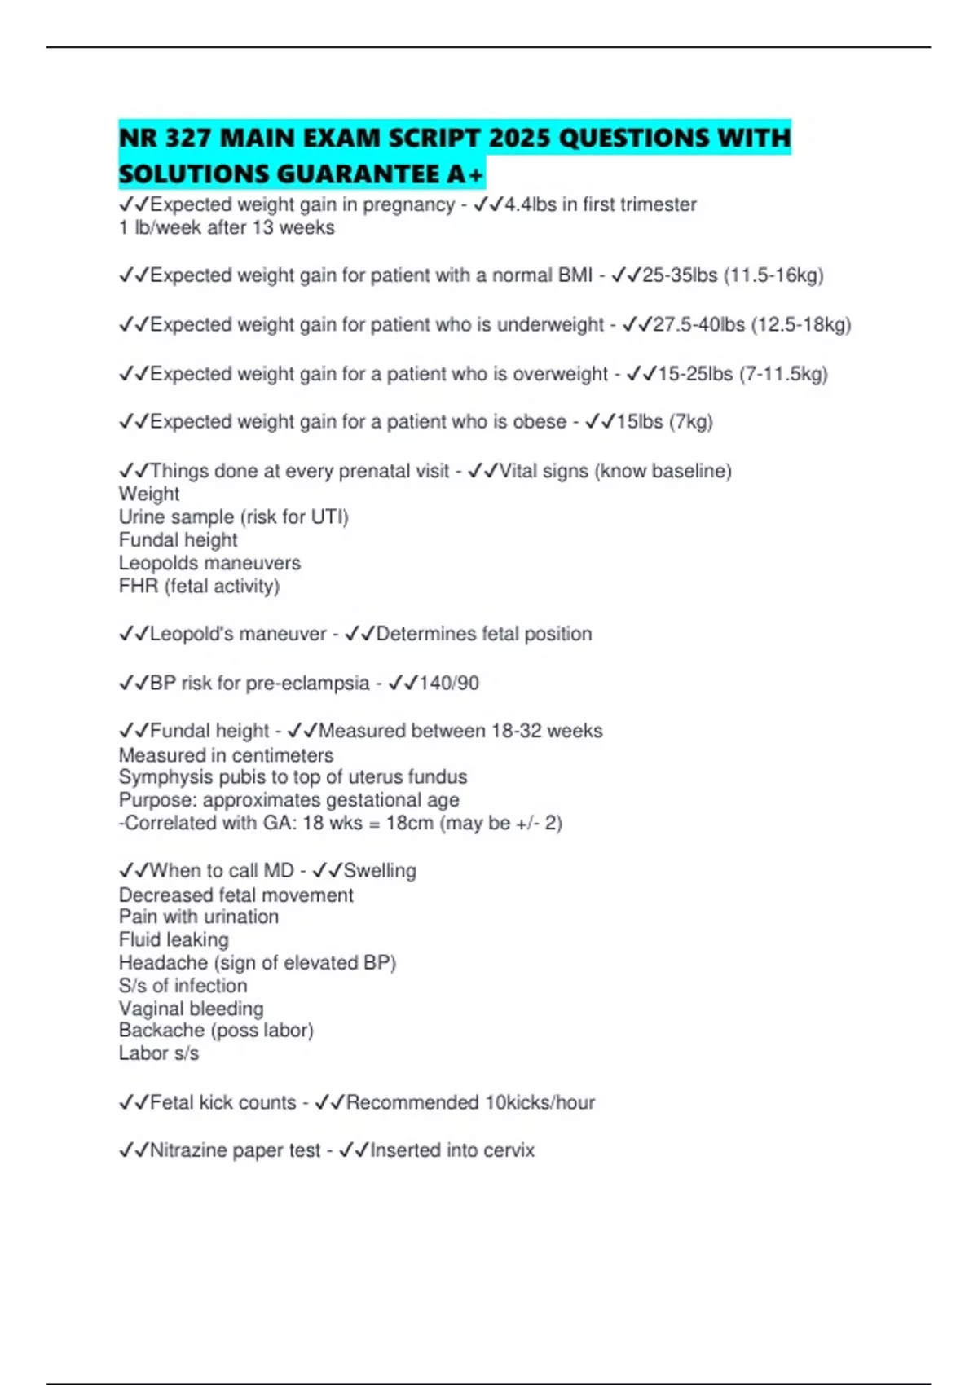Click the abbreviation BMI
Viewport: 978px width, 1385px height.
(x=575, y=275)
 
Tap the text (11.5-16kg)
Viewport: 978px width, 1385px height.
(x=773, y=275)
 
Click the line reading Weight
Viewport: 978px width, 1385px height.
(x=149, y=494)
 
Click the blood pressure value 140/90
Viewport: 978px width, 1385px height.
(x=448, y=683)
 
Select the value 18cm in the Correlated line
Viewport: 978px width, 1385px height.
(x=410, y=823)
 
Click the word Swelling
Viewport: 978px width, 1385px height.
(x=380, y=871)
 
